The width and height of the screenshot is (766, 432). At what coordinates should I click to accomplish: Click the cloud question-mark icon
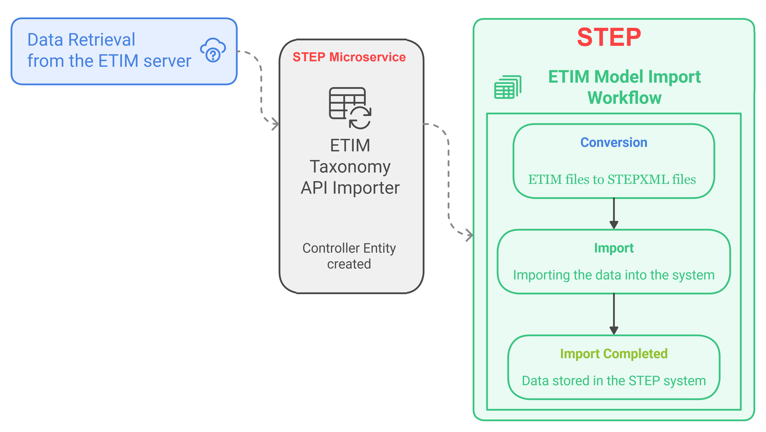(x=213, y=50)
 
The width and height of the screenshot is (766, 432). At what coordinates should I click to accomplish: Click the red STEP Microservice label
(x=349, y=57)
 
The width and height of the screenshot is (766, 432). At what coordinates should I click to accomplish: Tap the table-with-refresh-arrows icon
(x=350, y=108)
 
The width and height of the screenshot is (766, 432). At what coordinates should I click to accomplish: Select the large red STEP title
(x=609, y=37)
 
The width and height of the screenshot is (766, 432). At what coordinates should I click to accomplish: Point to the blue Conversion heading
(x=614, y=142)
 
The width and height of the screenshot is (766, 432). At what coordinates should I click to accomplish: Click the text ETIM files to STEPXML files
(x=612, y=179)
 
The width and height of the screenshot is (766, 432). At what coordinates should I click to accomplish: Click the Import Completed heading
(x=614, y=354)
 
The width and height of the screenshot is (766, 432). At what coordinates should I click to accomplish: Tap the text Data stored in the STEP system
(x=614, y=381)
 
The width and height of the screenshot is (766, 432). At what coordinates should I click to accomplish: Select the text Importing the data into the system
(x=614, y=275)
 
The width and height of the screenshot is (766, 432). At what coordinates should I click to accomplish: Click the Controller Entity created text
(x=349, y=256)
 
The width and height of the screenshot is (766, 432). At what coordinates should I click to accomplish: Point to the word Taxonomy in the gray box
(x=350, y=167)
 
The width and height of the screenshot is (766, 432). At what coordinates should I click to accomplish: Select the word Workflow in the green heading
(x=624, y=98)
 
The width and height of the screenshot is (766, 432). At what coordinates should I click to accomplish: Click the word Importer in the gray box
(x=366, y=188)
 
